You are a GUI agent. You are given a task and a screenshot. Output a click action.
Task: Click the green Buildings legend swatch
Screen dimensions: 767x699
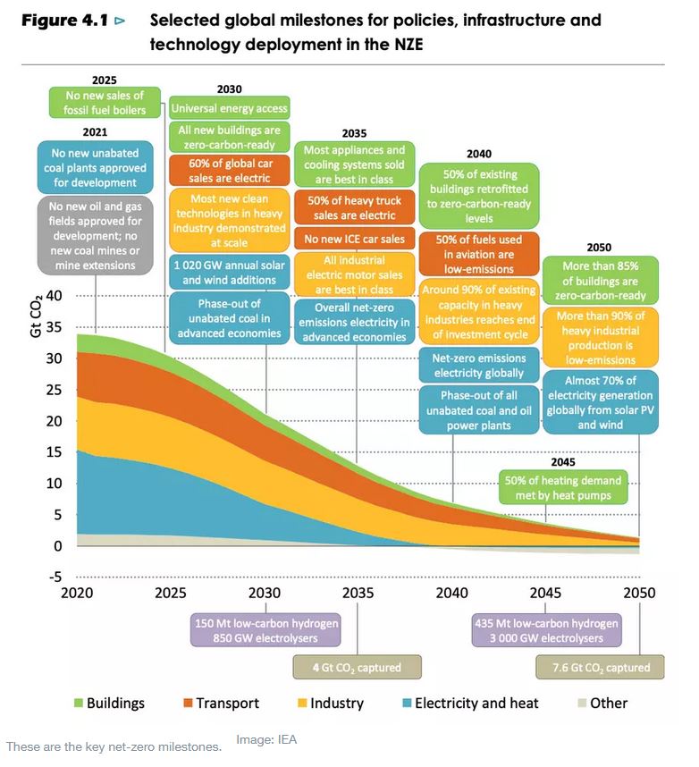pyautogui.click(x=78, y=703)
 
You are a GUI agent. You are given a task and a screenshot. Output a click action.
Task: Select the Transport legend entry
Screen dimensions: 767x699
pyautogui.click(x=219, y=703)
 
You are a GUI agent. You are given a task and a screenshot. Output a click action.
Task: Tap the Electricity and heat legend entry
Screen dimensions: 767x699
pyautogui.click(x=468, y=703)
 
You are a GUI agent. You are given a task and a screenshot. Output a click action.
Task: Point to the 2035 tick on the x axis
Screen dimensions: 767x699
pyautogui.click(x=358, y=593)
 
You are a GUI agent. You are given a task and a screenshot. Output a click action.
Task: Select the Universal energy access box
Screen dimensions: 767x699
pyautogui.click(x=229, y=109)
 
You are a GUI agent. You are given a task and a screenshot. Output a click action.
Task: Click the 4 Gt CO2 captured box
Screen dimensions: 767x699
pyautogui.click(x=357, y=667)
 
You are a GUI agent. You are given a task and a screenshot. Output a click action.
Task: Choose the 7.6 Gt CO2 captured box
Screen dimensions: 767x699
pyautogui.click(x=599, y=667)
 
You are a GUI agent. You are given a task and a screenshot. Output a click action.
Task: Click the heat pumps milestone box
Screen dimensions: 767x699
pyautogui.click(x=550, y=488)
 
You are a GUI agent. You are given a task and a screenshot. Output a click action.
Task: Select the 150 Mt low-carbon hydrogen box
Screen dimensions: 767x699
pyautogui.click(x=265, y=630)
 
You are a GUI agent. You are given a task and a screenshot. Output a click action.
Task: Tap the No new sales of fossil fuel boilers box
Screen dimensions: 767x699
pyautogui.click(x=104, y=102)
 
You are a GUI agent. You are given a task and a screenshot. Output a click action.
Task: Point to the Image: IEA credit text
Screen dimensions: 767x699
pyautogui.click(x=266, y=739)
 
